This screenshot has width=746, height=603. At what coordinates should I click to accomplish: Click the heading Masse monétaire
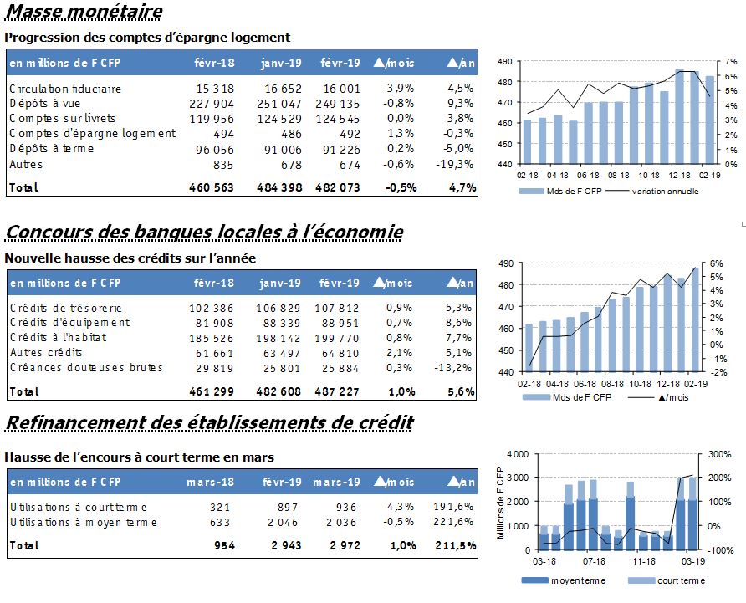click(x=84, y=11)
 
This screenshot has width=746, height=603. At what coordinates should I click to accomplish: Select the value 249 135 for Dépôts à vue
click(x=337, y=104)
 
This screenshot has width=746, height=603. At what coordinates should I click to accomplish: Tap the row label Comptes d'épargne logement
click(x=92, y=133)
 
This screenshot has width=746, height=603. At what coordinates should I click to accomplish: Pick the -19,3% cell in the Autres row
click(x=454, y=164)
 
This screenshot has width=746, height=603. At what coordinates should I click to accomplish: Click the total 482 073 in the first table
click(x=337, y=187)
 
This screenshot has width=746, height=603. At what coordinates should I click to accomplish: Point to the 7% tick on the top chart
click(x=731, y=61)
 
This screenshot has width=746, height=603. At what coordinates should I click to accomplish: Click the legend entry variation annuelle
click(x=665, y=192)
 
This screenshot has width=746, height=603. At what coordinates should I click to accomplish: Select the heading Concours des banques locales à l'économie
click(x=204, y=232)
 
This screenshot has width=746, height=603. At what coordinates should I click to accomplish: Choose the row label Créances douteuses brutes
click(x=86, y=367)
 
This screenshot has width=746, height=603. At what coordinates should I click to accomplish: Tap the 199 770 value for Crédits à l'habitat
click(x=337, y=339)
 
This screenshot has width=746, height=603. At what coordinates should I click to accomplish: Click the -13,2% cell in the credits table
click(x=453, y=368)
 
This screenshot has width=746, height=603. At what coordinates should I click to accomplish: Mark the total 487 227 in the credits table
click(x=337, y=391)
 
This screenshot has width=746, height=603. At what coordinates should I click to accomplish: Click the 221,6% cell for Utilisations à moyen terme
click(x=453, y=522)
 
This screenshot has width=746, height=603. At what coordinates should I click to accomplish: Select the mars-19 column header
click(x=336, y=482)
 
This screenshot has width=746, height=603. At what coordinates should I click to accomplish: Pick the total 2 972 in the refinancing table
click(x=345, y=545)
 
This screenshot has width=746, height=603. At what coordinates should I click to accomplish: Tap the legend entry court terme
click(x=682, y=580)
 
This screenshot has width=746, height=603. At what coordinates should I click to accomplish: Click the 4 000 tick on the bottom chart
click(x=518, y=454)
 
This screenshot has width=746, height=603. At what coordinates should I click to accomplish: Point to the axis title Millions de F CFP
click(x=500, y=503)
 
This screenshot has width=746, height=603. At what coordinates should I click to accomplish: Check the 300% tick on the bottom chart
click(x=720, y=454)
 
